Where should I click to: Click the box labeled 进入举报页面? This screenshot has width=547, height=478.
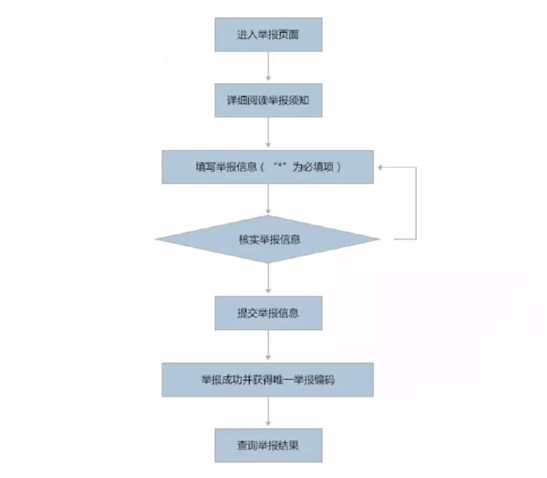click(x=268, y=35)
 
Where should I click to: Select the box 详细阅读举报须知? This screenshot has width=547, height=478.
click(x=268, y=100)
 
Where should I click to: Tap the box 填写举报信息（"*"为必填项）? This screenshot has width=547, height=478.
click(x=267, y=167)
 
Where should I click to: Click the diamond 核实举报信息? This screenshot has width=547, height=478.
click(x=267, y=239)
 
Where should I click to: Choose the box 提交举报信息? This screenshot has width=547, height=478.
click(x=268, y=313)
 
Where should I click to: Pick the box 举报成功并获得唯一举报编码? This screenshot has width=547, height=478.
click(x=267, y=380)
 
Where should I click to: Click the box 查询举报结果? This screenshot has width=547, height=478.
click(x=268, y=445)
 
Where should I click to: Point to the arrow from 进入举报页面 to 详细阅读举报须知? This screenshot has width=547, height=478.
click(x=268, y=66)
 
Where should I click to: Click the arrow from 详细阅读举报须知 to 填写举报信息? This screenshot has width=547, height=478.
click(x=268, y=132)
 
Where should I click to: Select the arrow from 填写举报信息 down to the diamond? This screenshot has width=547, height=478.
click(x=268, y=199)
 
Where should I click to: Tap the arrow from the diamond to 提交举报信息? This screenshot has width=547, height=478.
click(x=268, y=278)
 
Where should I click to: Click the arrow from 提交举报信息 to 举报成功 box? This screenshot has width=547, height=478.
click(x=268, y=345)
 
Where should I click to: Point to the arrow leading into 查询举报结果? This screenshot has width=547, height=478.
click(x=268, y=411)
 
